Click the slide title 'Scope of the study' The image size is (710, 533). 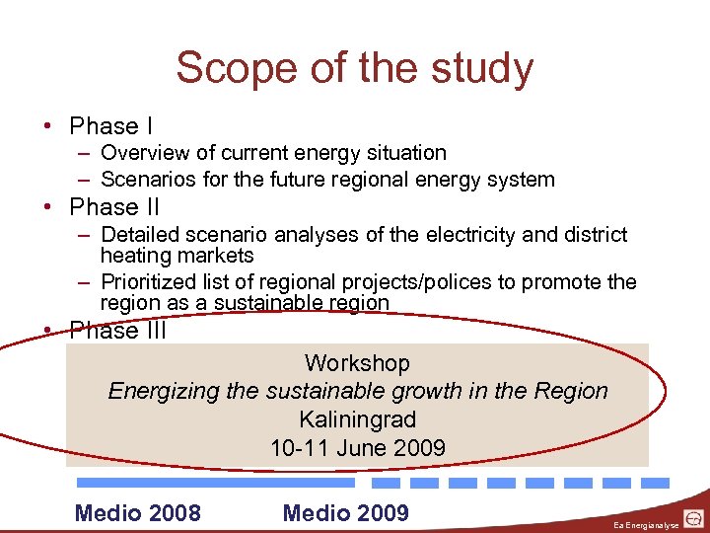355,69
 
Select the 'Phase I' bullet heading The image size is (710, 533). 110,126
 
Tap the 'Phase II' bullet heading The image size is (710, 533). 114,207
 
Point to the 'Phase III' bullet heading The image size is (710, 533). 118,332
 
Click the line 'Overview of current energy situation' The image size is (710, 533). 273,153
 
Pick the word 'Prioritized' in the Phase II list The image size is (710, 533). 151,282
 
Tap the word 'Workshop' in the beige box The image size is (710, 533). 357,363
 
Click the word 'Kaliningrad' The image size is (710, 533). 357,419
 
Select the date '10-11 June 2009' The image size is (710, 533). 357,448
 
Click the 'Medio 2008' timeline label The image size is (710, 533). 137,512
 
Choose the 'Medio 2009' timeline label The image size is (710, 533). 345,512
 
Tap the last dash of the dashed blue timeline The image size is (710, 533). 655,484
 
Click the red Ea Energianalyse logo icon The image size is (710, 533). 694,518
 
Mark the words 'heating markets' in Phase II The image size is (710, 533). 177,256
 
